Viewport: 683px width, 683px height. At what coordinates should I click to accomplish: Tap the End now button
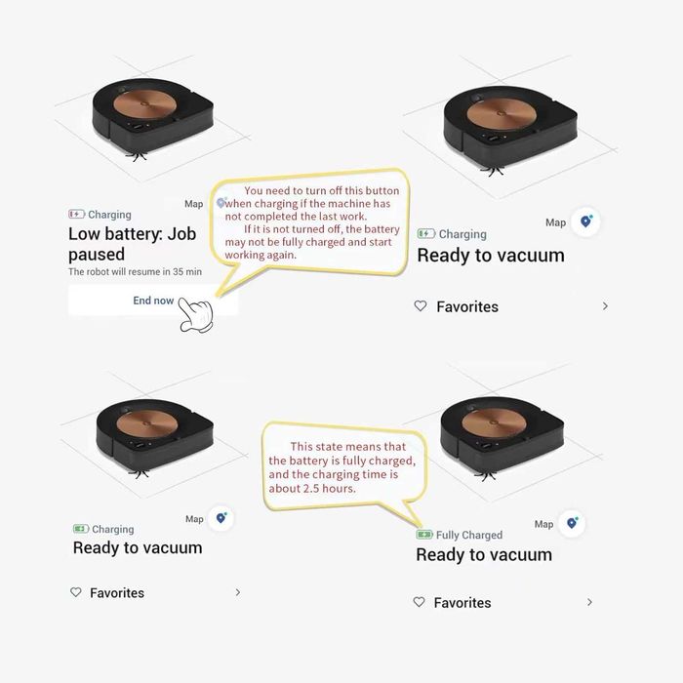[153, 301]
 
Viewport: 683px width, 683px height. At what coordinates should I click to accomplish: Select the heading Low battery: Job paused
[132, 244]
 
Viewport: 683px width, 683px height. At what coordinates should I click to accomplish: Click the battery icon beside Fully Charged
[424, 535]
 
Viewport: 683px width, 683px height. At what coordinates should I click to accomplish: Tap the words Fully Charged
[469, 535]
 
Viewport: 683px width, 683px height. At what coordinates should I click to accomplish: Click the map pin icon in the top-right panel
[586, 221]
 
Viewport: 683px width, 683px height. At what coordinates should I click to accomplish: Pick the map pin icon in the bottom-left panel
[221, 518]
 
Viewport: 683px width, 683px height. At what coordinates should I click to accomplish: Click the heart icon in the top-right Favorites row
[421, 306]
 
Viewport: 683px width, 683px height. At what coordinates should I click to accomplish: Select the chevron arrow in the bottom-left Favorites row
[237, 592]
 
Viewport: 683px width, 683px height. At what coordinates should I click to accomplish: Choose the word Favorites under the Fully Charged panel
[462, 603]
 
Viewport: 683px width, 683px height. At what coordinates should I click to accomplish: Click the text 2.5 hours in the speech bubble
[326, 488]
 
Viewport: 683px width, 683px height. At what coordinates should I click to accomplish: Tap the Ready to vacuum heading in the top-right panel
[491, 256]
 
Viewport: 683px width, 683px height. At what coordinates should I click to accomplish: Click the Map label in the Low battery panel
[194, 204]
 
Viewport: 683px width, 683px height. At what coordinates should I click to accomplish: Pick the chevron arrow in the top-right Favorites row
[605, 306]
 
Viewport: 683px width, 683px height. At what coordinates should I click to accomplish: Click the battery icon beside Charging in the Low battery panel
[76, 215]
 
